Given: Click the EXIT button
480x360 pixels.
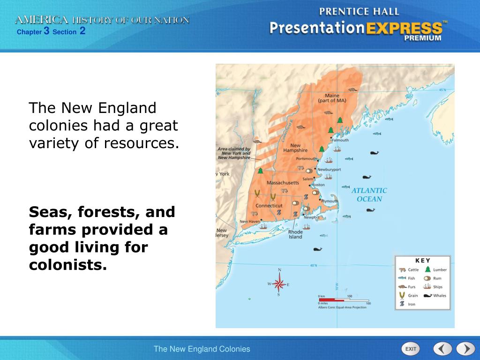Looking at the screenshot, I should pyautogui.click(x=411, y=349).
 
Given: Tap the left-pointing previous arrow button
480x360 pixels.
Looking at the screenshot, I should pyautogui.click(x=442, y=349).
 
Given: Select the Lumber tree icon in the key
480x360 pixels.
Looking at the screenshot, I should pyautogui.click(x=427, y=270).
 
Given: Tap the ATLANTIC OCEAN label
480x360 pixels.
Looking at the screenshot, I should pyautogui.click(x=369, y=195).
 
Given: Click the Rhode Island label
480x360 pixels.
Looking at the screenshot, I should pyautogui.click(x=295, y=234).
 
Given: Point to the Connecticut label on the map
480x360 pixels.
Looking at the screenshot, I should pyautogui.click(x=269, y=206).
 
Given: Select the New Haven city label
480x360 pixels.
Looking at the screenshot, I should pyautogui.click(x=249, y=221).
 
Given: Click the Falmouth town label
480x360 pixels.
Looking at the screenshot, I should pyautogui.click(x=340, y=140).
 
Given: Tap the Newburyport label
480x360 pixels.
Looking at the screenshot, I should pyautogui.click(x=329, y=169).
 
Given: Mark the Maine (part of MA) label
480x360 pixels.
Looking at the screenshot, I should pyautogui.click(x=332, y=98).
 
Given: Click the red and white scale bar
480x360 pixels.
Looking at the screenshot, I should pyautogui.click(x=343, y=300).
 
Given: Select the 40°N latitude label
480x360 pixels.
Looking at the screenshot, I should pyautogui.click(x=313, y=265).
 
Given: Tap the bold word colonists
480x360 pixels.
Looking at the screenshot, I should pyautogui.click(x=68, y=265).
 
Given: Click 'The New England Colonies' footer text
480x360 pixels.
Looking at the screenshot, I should pyautogui.click(x=202, y=349).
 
